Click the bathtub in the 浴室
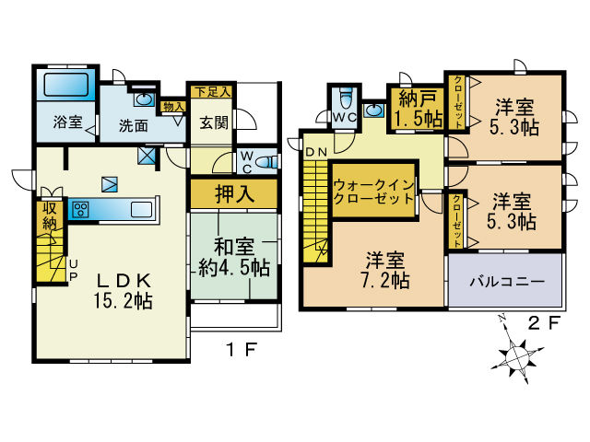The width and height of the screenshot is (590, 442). click(66, 85)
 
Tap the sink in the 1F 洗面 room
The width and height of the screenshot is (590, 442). click(144, 99)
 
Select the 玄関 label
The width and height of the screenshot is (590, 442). click(214, 122)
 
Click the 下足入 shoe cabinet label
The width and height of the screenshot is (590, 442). click(212, 92)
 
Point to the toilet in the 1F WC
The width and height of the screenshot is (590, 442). click(267, 162)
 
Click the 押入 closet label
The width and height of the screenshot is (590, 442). click(234, 194)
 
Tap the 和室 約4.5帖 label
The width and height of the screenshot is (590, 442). click(234, 258)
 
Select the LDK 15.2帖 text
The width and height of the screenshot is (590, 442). click(124, 291)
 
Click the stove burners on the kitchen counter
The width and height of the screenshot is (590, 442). click(80, 209)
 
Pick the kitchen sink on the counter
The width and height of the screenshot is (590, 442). click(141, 209)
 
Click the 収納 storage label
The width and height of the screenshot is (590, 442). click(50, 216)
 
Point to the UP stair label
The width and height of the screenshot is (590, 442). click(74, 270)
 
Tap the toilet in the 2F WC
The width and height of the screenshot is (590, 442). click(346, 99)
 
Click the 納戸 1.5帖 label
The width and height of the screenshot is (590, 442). click(418, 109)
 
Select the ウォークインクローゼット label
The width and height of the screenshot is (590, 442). click(373, 192)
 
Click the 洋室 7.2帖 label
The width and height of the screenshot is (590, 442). click(385, 270)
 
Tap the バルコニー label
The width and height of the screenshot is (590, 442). click(507, 281)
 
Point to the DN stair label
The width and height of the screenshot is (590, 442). click(316, 152)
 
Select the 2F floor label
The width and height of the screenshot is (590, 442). click(545, 323)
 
